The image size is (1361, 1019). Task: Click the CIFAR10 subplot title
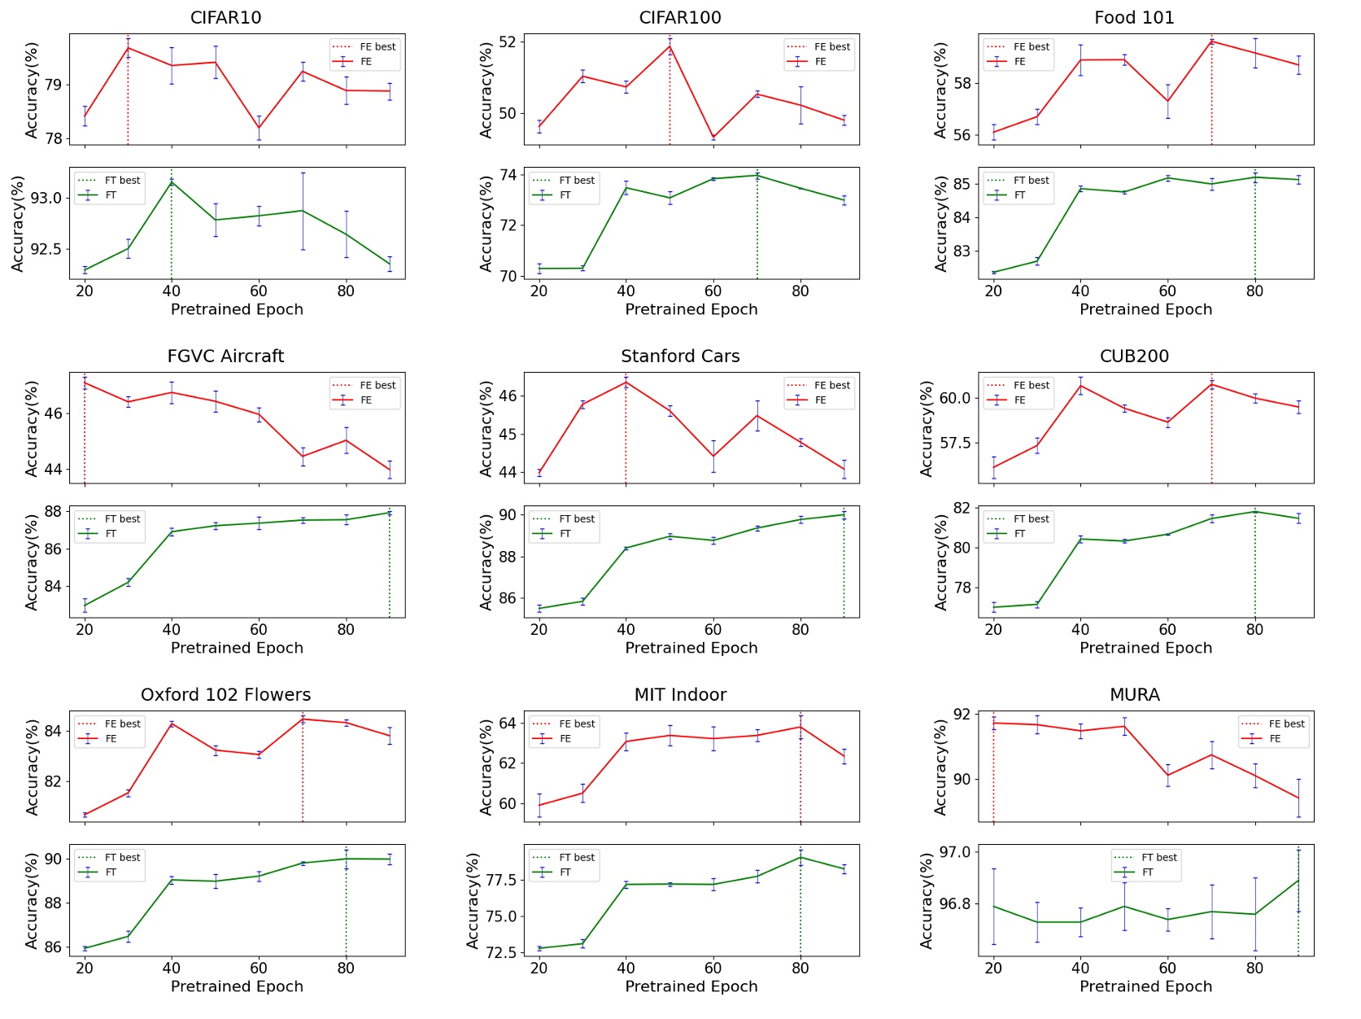click(x=225, y=18)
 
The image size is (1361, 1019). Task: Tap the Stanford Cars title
click(x=680, y=356)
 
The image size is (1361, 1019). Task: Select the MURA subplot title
click(x=1134, y=695)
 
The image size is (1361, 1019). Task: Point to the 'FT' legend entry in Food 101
click(x=1019, y=195)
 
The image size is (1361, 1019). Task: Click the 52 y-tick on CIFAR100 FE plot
click(x=508, y=42)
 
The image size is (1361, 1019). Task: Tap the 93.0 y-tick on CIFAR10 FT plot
click(x=46, y=199)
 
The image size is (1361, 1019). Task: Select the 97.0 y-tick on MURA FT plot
click(x=954, y=852)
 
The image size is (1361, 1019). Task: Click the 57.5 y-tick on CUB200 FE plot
click(x=954, y=444)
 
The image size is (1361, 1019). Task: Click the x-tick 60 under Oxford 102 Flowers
click(x=259, y=968)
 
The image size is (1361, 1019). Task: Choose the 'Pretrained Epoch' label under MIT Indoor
click(x=691, y=986)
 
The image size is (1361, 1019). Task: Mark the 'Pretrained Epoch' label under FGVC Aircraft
click(x=237, y=648)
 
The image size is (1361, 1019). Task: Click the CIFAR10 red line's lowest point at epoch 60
click(x=259, y=128)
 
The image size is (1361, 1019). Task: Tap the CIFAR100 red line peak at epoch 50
click(x=670, y=46)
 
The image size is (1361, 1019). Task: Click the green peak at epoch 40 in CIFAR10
click(x=172, y=182)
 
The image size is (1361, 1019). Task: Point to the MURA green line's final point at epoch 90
click(x=1298, y=880)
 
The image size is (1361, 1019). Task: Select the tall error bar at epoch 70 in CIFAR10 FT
click(x=303, y=211)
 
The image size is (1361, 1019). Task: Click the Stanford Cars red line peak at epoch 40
click(x=626, y=383)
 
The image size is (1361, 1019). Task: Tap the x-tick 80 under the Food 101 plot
click(x=1254, y=291)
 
